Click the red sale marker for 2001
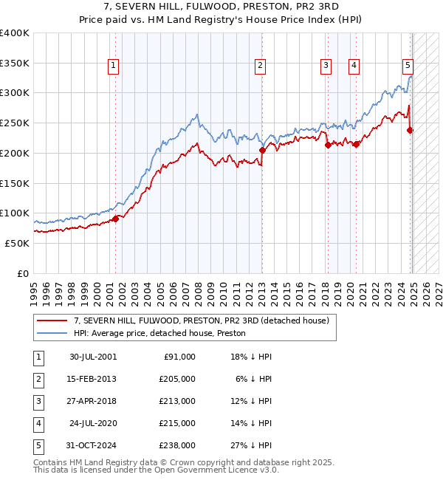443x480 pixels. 115,218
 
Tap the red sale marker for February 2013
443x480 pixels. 261,150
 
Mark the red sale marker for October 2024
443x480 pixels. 411,130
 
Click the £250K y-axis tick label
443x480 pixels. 15,123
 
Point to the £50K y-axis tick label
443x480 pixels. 17,243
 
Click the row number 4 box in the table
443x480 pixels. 38,423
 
